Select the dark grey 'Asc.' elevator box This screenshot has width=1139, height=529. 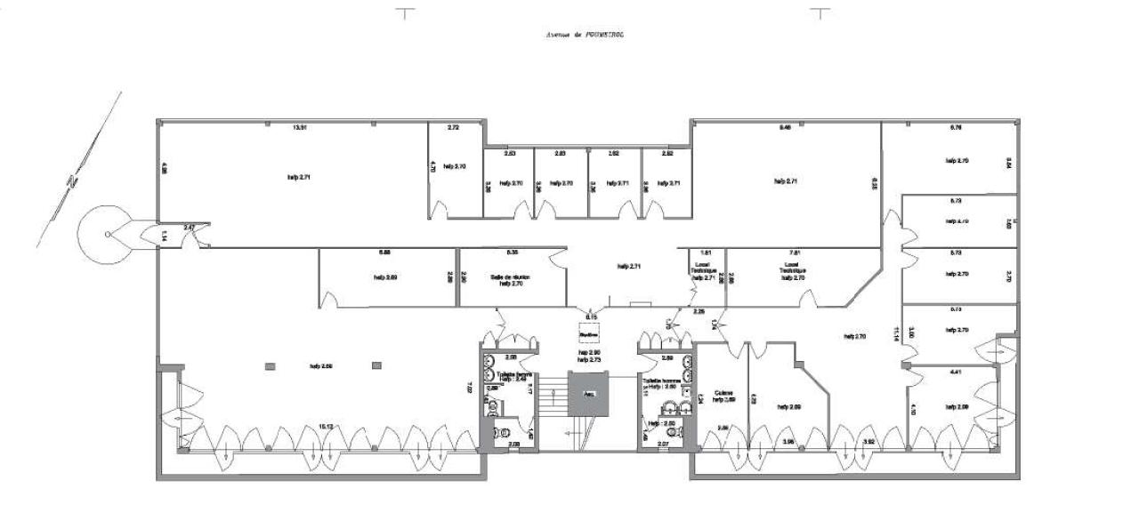point(588,394)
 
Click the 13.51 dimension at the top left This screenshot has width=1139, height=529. point(300,128)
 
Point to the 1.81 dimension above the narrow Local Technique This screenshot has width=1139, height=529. point(706,252)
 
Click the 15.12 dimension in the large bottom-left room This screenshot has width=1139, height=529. point(327,426)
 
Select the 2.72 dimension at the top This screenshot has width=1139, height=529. point(452,128)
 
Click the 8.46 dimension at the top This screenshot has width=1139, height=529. point(785,128)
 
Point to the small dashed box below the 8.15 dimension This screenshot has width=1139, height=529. point(588,335)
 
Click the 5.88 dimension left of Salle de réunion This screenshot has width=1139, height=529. point(385,252)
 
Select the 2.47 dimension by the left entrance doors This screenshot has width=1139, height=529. point(190,228)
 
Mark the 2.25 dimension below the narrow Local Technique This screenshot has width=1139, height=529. point(699,311)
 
